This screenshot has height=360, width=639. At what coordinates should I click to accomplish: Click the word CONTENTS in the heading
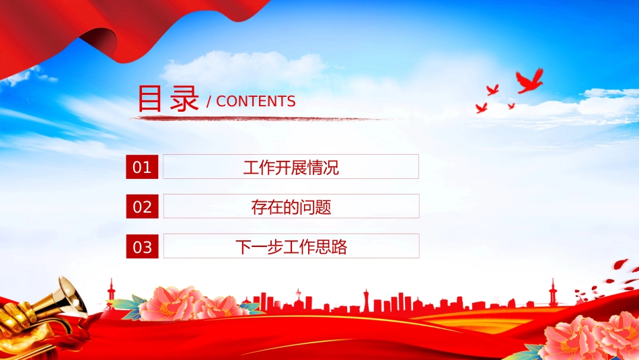(256, 102)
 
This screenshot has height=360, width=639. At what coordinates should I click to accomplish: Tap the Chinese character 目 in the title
(149, 98)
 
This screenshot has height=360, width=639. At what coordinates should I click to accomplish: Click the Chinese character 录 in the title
(184, 98)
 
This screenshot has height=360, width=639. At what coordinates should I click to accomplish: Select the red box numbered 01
(142, 167)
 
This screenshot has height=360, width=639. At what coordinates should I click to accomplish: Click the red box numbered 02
(142, 207)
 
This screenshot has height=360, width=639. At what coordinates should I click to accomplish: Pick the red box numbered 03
(142, 246)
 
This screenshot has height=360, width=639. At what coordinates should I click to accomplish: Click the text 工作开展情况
(291, 167)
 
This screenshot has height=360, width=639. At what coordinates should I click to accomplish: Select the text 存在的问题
(291, 207)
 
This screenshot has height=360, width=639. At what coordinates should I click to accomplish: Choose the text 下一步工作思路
(291, 247)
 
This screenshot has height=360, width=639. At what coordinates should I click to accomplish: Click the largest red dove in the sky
(529, 81)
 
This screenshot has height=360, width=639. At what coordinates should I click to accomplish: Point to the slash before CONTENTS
(209, 102)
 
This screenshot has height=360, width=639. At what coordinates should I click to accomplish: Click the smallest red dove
(511, 106)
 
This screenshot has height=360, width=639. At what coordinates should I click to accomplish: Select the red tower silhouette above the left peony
(111, 292)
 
